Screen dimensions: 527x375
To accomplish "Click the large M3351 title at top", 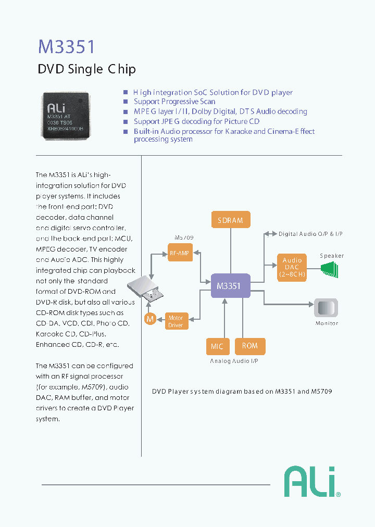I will pyautogui.click(x=67, y=46).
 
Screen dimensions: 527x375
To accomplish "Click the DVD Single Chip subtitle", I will pyautogui.click(x=87, y=69).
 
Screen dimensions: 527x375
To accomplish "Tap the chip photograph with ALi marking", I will pyautogui.click(x=65, y=116).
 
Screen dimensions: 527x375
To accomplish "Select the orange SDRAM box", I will pyautogui.click(x=230, y=220).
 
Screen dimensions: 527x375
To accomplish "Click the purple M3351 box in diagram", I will pyautogui.click(x=230, y=286).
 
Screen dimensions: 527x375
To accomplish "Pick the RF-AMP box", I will pyautogui.click(x=180, y=254).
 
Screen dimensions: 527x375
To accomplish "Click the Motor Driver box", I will pyautogui.click(x=176, y=321).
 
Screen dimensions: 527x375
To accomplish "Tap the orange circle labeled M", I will pyautogui.click(x=150, y=319).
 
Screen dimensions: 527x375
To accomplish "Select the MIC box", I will pyautogui.click(x=217, y=346).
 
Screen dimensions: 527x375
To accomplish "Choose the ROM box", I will pyautogui.click(x=249, y=346).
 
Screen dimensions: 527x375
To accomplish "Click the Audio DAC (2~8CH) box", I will pyautogui.click(x=292, y=267).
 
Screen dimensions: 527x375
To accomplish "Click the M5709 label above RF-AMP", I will pyautogui.click(x=184, y=237).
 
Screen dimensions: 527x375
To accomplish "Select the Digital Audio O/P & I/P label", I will pyautogui.click(x=310, y=234).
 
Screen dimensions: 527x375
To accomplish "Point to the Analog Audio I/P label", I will pyautogui.click(x=234, y=361).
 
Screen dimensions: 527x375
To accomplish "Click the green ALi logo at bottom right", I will pyautogui.click(x=311, y=482).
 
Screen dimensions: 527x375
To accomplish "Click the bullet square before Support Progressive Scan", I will pyautogui.click(x=125, y=102).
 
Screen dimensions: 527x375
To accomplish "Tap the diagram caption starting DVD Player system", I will pyautogui.click(x=242, y=391).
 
